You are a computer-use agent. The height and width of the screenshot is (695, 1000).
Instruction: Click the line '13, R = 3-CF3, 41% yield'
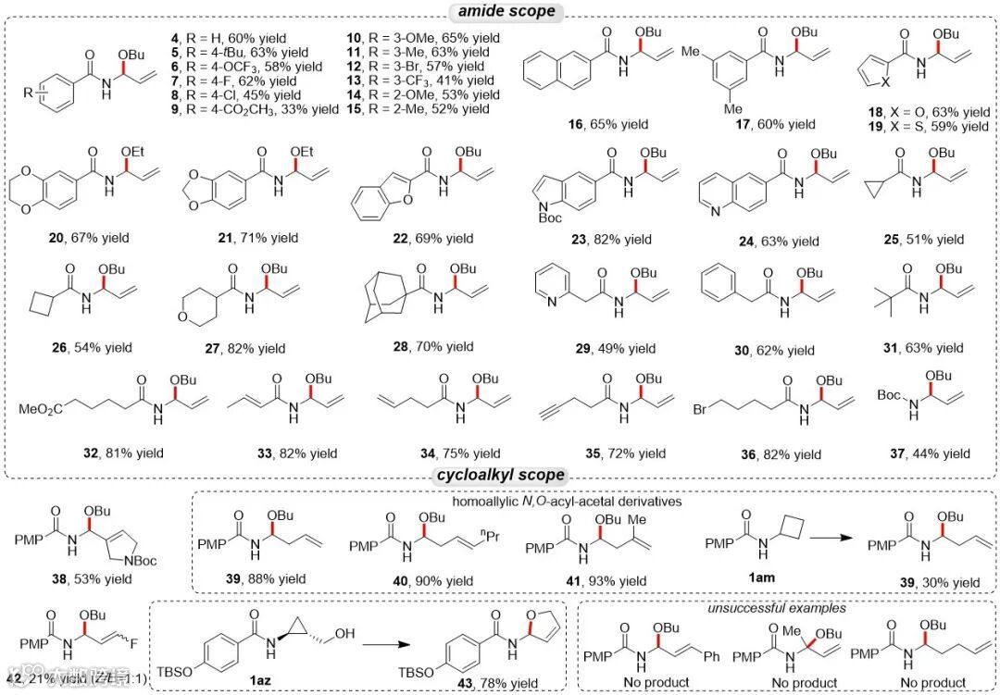[428, 81]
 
